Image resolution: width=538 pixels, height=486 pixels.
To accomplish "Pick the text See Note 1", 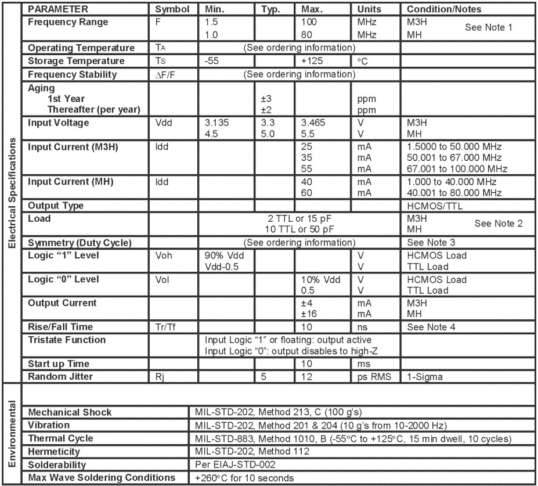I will coord(489,27).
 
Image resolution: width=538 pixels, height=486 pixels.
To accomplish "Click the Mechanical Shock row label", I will coord(70,412).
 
